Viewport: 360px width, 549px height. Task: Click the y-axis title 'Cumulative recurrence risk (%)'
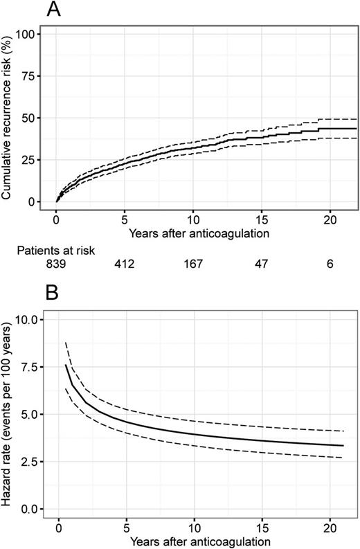(8, 117)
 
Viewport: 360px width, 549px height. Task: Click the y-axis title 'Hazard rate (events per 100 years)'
(8, 414)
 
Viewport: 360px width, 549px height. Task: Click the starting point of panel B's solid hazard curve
(66, 364)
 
